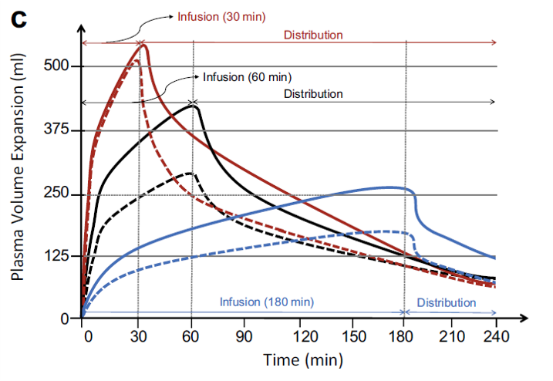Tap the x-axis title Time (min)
tap(302, 360)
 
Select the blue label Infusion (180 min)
tap(266, 302)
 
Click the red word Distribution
tap(313, 35)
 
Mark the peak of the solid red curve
tap(143, 46)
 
